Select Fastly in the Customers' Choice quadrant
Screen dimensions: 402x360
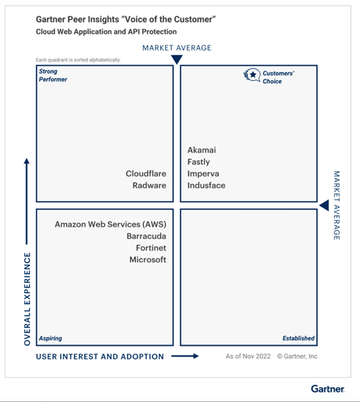(x=198, y=162)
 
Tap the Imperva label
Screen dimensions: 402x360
(x=203, y=174)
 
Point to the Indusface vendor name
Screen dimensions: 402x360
(x=206, y=185)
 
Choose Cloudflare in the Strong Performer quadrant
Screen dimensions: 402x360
(x=146, y=174)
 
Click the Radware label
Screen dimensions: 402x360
(x=149, y=185)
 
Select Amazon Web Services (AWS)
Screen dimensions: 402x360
(x=110, y=224)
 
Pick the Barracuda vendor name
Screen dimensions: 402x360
(x=146, y=236)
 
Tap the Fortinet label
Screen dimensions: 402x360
(x=151, y=248)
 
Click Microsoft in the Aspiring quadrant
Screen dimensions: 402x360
(x=147, y=259)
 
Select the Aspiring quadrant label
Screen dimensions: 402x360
(x=50, y=338)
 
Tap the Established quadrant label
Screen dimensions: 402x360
(x=298, y=338)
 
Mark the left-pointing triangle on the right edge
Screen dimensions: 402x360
(x=324, y=205)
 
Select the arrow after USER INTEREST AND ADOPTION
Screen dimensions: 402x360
(x=185, y=356)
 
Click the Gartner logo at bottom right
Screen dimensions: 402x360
(x=328, y=389)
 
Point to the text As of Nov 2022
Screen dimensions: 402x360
(x=248, y=356)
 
